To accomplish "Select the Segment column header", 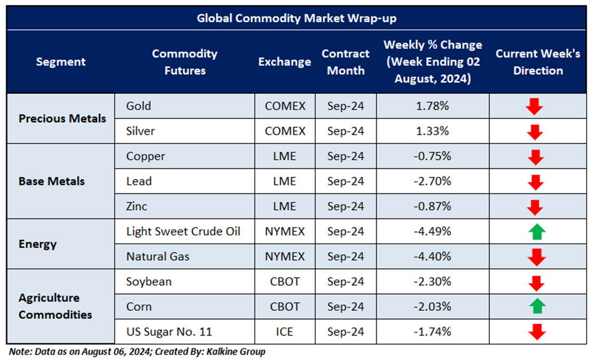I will coord(60,62).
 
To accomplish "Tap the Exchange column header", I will coord(284,62).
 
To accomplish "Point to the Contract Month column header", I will coord(346,62).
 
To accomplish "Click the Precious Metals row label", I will coord(62,119).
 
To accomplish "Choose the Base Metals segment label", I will coord(51,181).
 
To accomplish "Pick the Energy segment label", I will coord(37,244).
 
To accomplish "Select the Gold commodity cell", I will coord(138,106).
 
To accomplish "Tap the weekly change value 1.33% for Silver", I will coord(432,131).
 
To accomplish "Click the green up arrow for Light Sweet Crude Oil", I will coord(537,232).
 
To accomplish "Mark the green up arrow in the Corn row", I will coord(537,307).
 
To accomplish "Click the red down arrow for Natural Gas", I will coord(536,257).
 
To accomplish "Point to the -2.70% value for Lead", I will coord(432,181).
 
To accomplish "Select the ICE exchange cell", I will coord(285,332).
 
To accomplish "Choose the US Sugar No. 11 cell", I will coord(169,332).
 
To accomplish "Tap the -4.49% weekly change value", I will coord(432,231).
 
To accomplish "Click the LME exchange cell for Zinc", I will coord(284,206).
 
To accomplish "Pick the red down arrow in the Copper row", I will coord(535,157).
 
